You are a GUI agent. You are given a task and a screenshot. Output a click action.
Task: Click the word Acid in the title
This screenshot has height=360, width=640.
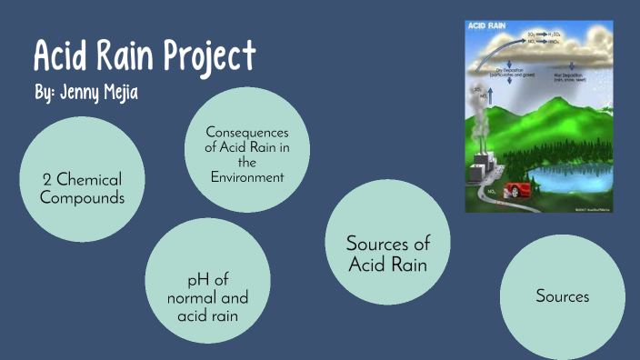click(x=58, y=57)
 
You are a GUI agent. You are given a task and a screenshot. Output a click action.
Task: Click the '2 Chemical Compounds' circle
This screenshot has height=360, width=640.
click(x=81, y=180)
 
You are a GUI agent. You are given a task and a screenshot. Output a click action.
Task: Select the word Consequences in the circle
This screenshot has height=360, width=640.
click(x=247, y=133)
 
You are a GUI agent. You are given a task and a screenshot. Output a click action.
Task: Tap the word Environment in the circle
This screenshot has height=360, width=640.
click(x=247, y=176)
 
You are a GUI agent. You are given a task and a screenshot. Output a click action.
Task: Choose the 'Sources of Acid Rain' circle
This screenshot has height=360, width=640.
click(x=387, y=254)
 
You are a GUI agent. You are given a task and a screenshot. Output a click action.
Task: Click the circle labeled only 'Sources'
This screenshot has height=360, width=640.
click(x=562, y=297)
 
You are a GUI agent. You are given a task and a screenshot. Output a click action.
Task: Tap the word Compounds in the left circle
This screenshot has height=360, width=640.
click(x=82, y=197)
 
